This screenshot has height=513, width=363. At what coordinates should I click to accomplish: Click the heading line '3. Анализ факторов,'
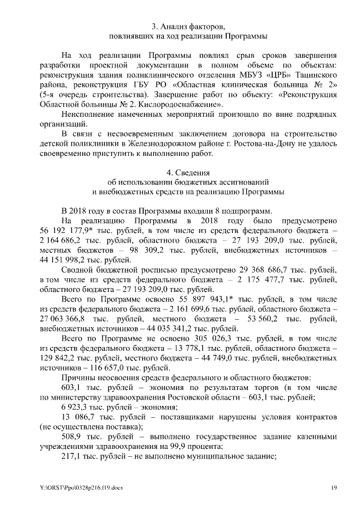[188, 26]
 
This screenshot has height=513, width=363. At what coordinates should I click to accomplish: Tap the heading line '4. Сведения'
[188, 172]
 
